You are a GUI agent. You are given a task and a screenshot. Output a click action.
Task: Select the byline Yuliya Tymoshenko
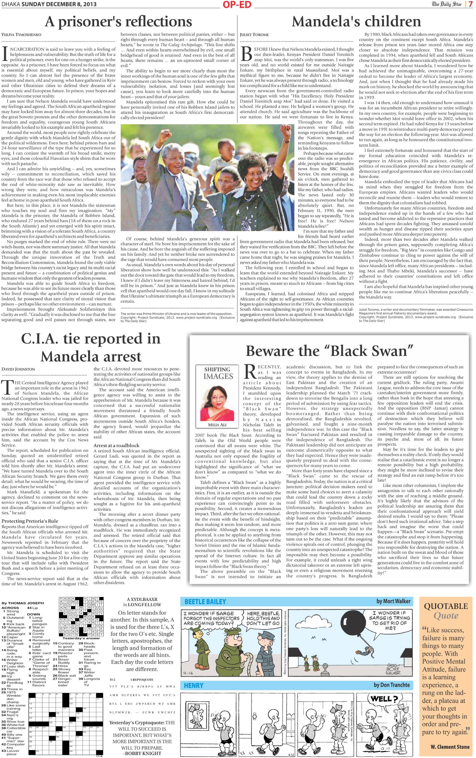point(21,35)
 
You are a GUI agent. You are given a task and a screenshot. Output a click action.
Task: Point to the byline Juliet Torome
point(254,35)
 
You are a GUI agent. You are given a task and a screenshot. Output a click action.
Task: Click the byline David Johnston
point(18,369)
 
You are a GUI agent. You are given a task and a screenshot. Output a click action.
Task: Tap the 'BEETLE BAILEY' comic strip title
point(205,601)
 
